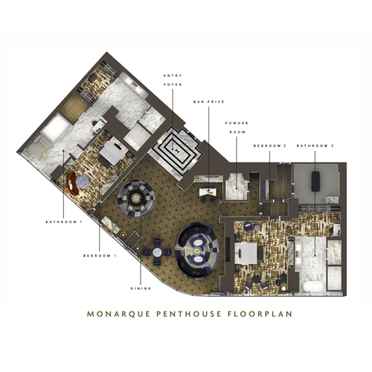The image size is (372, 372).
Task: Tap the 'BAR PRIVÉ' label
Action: tap(208, 102)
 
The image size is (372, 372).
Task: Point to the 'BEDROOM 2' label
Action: tap(269, 146)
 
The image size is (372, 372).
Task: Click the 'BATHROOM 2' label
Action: tap(316, 146)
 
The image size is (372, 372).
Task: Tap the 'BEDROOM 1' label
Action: tap(100, 256)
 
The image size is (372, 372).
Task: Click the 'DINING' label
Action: tap(141, 287)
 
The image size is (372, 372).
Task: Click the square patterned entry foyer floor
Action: tap(177, 148)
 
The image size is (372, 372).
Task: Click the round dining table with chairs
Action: tap(134, 196)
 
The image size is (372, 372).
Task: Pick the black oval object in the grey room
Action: tap(316, 185)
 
